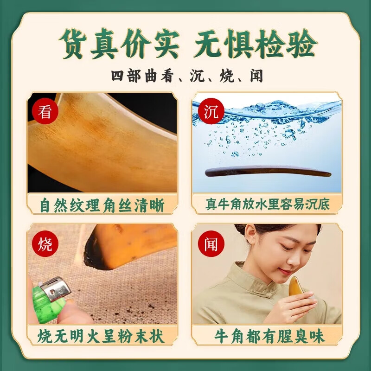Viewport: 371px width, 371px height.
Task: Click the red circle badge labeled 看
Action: pyautogui.click(x=45, y=112)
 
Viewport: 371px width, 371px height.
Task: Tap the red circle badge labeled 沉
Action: pyautogui.click(x=211, y=112)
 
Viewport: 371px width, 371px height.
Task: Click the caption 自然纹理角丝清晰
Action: pyautogui.click(x=102, y=205)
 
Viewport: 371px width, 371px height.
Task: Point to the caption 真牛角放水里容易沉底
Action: pyautogui.click(x=268, y=205)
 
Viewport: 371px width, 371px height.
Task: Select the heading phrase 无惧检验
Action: pyautogui.click(x=255, y=45)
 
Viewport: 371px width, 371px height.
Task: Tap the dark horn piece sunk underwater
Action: pyautogui.click(x=268, y=172)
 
